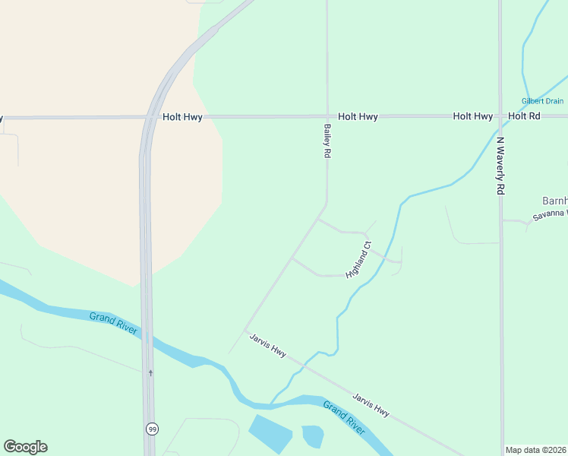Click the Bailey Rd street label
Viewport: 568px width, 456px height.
pos(328,141)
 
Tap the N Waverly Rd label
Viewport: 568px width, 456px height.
pos(500,166)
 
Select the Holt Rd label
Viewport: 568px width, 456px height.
pos(524,116)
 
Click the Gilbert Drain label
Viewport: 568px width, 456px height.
pos(542,101)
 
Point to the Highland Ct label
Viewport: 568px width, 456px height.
pos(357,259)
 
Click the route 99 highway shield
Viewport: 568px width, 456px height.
pos(152,429)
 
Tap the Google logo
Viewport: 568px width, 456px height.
pos(25,447)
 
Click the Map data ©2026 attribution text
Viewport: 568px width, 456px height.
pos(535,450)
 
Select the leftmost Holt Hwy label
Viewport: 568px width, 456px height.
pos(182,117)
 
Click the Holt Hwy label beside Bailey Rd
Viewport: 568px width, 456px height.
pos(358,117)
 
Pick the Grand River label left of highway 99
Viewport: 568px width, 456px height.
pos(112,322)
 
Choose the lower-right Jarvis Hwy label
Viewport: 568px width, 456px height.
pos(371,404)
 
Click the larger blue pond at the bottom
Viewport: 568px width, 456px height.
pos(270,435)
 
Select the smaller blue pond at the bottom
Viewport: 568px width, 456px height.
pos(313,436)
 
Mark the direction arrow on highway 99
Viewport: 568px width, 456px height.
pos(150,372)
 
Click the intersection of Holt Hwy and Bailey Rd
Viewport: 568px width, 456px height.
pos(327,117)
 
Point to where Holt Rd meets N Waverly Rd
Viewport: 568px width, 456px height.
pos(500,117)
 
